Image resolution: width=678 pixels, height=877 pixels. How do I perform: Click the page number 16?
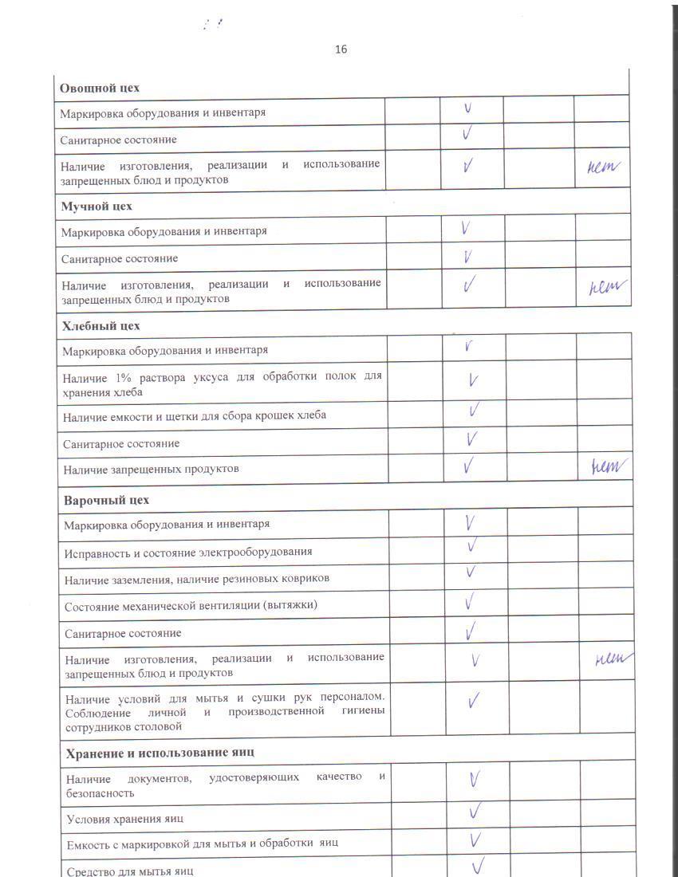[341, 49]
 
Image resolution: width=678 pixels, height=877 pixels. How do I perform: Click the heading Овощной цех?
[100, 88]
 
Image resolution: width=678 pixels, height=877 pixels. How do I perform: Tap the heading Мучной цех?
[97, 206]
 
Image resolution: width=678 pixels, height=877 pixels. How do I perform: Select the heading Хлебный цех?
[101, 326]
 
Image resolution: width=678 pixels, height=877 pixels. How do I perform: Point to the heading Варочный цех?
[106, 501]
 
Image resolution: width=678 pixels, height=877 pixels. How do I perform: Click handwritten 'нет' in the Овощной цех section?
[602, 167]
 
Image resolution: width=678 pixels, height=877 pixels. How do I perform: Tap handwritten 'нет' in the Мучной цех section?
[604, 287]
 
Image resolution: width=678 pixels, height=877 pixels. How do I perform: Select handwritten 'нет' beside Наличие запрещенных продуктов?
[605, 467]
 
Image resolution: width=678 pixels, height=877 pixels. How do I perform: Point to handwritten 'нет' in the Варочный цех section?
[613, 659]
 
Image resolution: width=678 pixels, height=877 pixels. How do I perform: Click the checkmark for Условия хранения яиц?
[475, 812]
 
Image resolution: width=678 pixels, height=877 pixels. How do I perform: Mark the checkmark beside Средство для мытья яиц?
[479, 866]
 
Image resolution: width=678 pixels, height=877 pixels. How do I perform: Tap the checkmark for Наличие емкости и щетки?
[474, 410]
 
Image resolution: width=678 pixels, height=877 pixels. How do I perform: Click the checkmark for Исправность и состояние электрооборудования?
[472, 546]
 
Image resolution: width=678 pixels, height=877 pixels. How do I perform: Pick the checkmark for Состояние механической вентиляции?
[470, 601]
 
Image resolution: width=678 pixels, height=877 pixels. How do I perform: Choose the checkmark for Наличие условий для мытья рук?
[474, 701]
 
